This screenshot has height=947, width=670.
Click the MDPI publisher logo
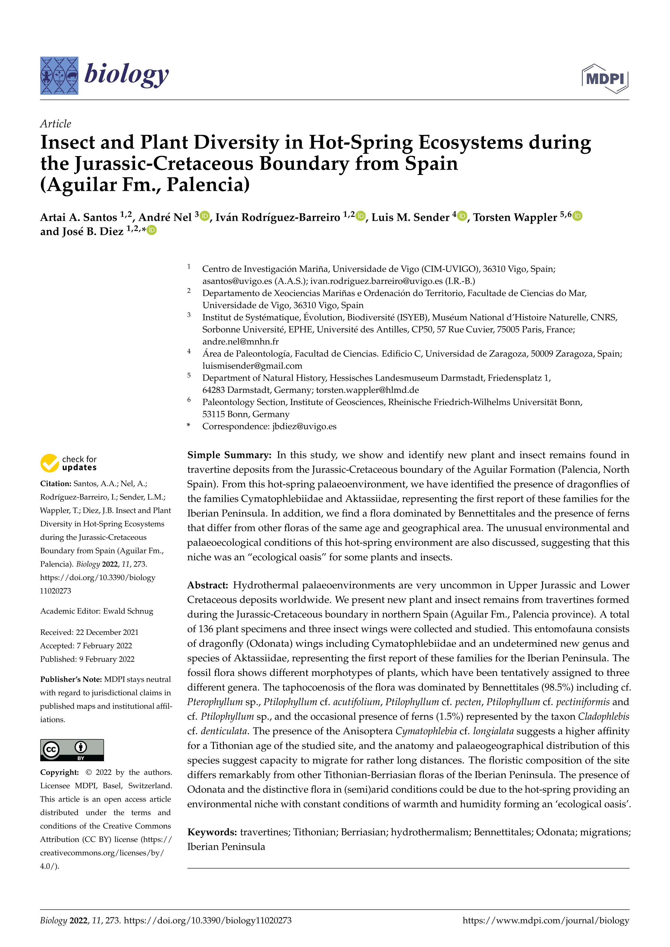pyautogui.click(x=605, y=78)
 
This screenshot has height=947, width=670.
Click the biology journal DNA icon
pyautogui.click(x=59, y=76)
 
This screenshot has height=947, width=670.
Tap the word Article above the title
pyautogui.click(x=56, y=124)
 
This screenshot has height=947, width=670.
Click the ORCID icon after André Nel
pyautogui.click(x=205, y=216)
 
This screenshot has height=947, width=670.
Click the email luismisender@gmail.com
pyautogui.click(x=252, y=366)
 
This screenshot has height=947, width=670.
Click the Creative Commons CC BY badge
pyautogui.click(x=72, y=750)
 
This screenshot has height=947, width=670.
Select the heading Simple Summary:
pyautogui.click(x=229, y=455)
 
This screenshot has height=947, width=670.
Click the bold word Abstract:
pyautogui.click(x=207, y=585)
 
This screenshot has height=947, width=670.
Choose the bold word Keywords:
pyautogui.click(x=212, y=832)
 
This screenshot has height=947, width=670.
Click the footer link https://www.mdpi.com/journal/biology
pyautogui.click(x=546, y=921)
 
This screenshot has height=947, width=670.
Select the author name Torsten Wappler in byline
pyautogui.click(x=515, y=217)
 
